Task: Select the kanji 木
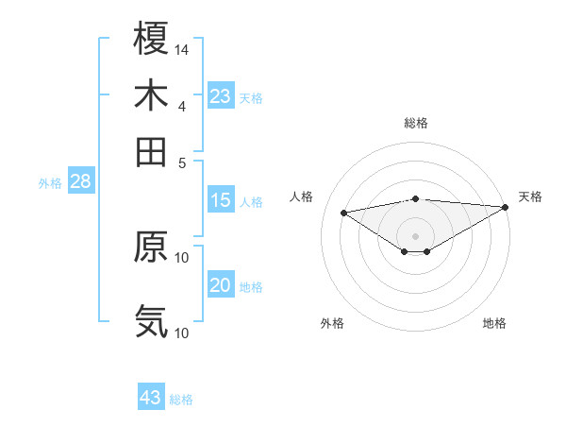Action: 151,95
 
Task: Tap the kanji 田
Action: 151,151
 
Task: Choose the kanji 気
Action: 151,321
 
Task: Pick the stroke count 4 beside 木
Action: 182,106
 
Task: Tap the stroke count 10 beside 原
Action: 182,257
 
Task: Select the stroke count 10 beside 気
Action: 182,333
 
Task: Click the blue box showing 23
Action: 221,96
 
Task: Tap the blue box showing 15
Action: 221,200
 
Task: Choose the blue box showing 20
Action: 221,285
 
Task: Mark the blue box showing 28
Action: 80,182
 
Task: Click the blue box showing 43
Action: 151,398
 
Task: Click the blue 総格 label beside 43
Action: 181,400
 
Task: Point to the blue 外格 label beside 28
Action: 50,183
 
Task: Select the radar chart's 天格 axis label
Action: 530,196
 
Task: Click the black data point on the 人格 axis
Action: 343,212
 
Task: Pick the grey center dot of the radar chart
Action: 415,235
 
